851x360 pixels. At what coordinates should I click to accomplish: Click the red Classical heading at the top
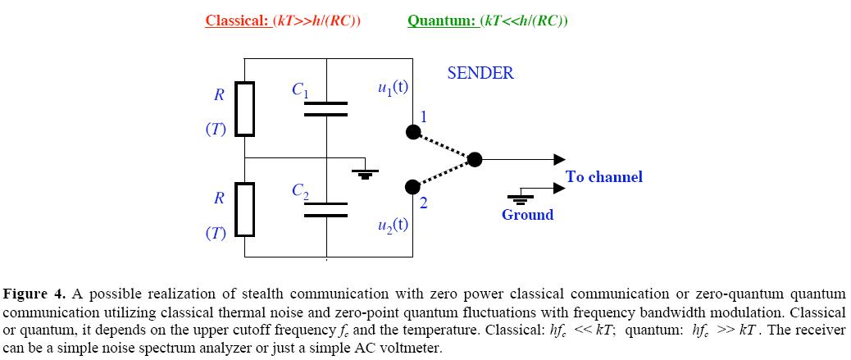[x=282, y=21]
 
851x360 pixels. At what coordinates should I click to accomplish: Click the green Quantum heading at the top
[x=487, y=21]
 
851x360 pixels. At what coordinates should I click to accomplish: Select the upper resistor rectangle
[x=245, y=108]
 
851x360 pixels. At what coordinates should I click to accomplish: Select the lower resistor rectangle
[x=245, y=208]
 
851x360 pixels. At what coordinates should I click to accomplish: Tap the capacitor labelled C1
[x=325, y=109]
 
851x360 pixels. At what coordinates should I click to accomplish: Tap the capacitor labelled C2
[x=325, y=209]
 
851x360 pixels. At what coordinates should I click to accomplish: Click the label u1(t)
[x=392, y=89]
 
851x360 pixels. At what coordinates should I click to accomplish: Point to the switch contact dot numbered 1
[x=413, y=132]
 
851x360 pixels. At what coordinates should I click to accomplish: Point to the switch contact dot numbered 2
[x=413, y=188]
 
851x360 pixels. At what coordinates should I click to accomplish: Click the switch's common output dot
[x=474, y=160]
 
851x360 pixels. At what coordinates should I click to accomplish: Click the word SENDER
[x=480, y=73]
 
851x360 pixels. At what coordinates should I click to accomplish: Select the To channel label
[x=603, y=177]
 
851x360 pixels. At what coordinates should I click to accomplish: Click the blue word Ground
[x=527, y=215]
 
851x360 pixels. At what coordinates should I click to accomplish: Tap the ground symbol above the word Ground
[x=519, y=197]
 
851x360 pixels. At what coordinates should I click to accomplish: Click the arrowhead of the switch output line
[x=559, y=160]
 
